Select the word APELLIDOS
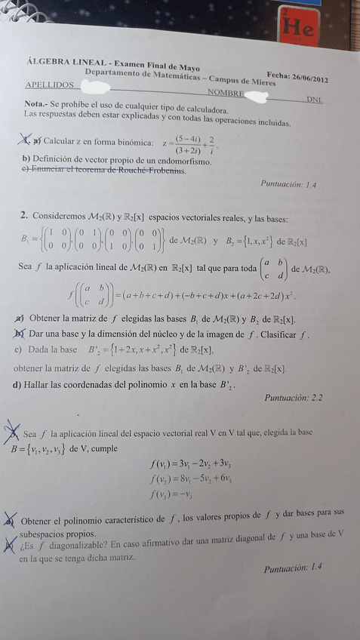pyautogui.click(x=49, y=85)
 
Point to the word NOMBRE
pyautogui.click(x=226, y=93)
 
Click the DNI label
pyautogui.click(x=315, y=99)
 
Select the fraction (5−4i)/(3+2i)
pyautogui.click(x=186, y=143)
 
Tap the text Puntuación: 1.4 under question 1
pyautogui.click(x=288, y=183)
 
